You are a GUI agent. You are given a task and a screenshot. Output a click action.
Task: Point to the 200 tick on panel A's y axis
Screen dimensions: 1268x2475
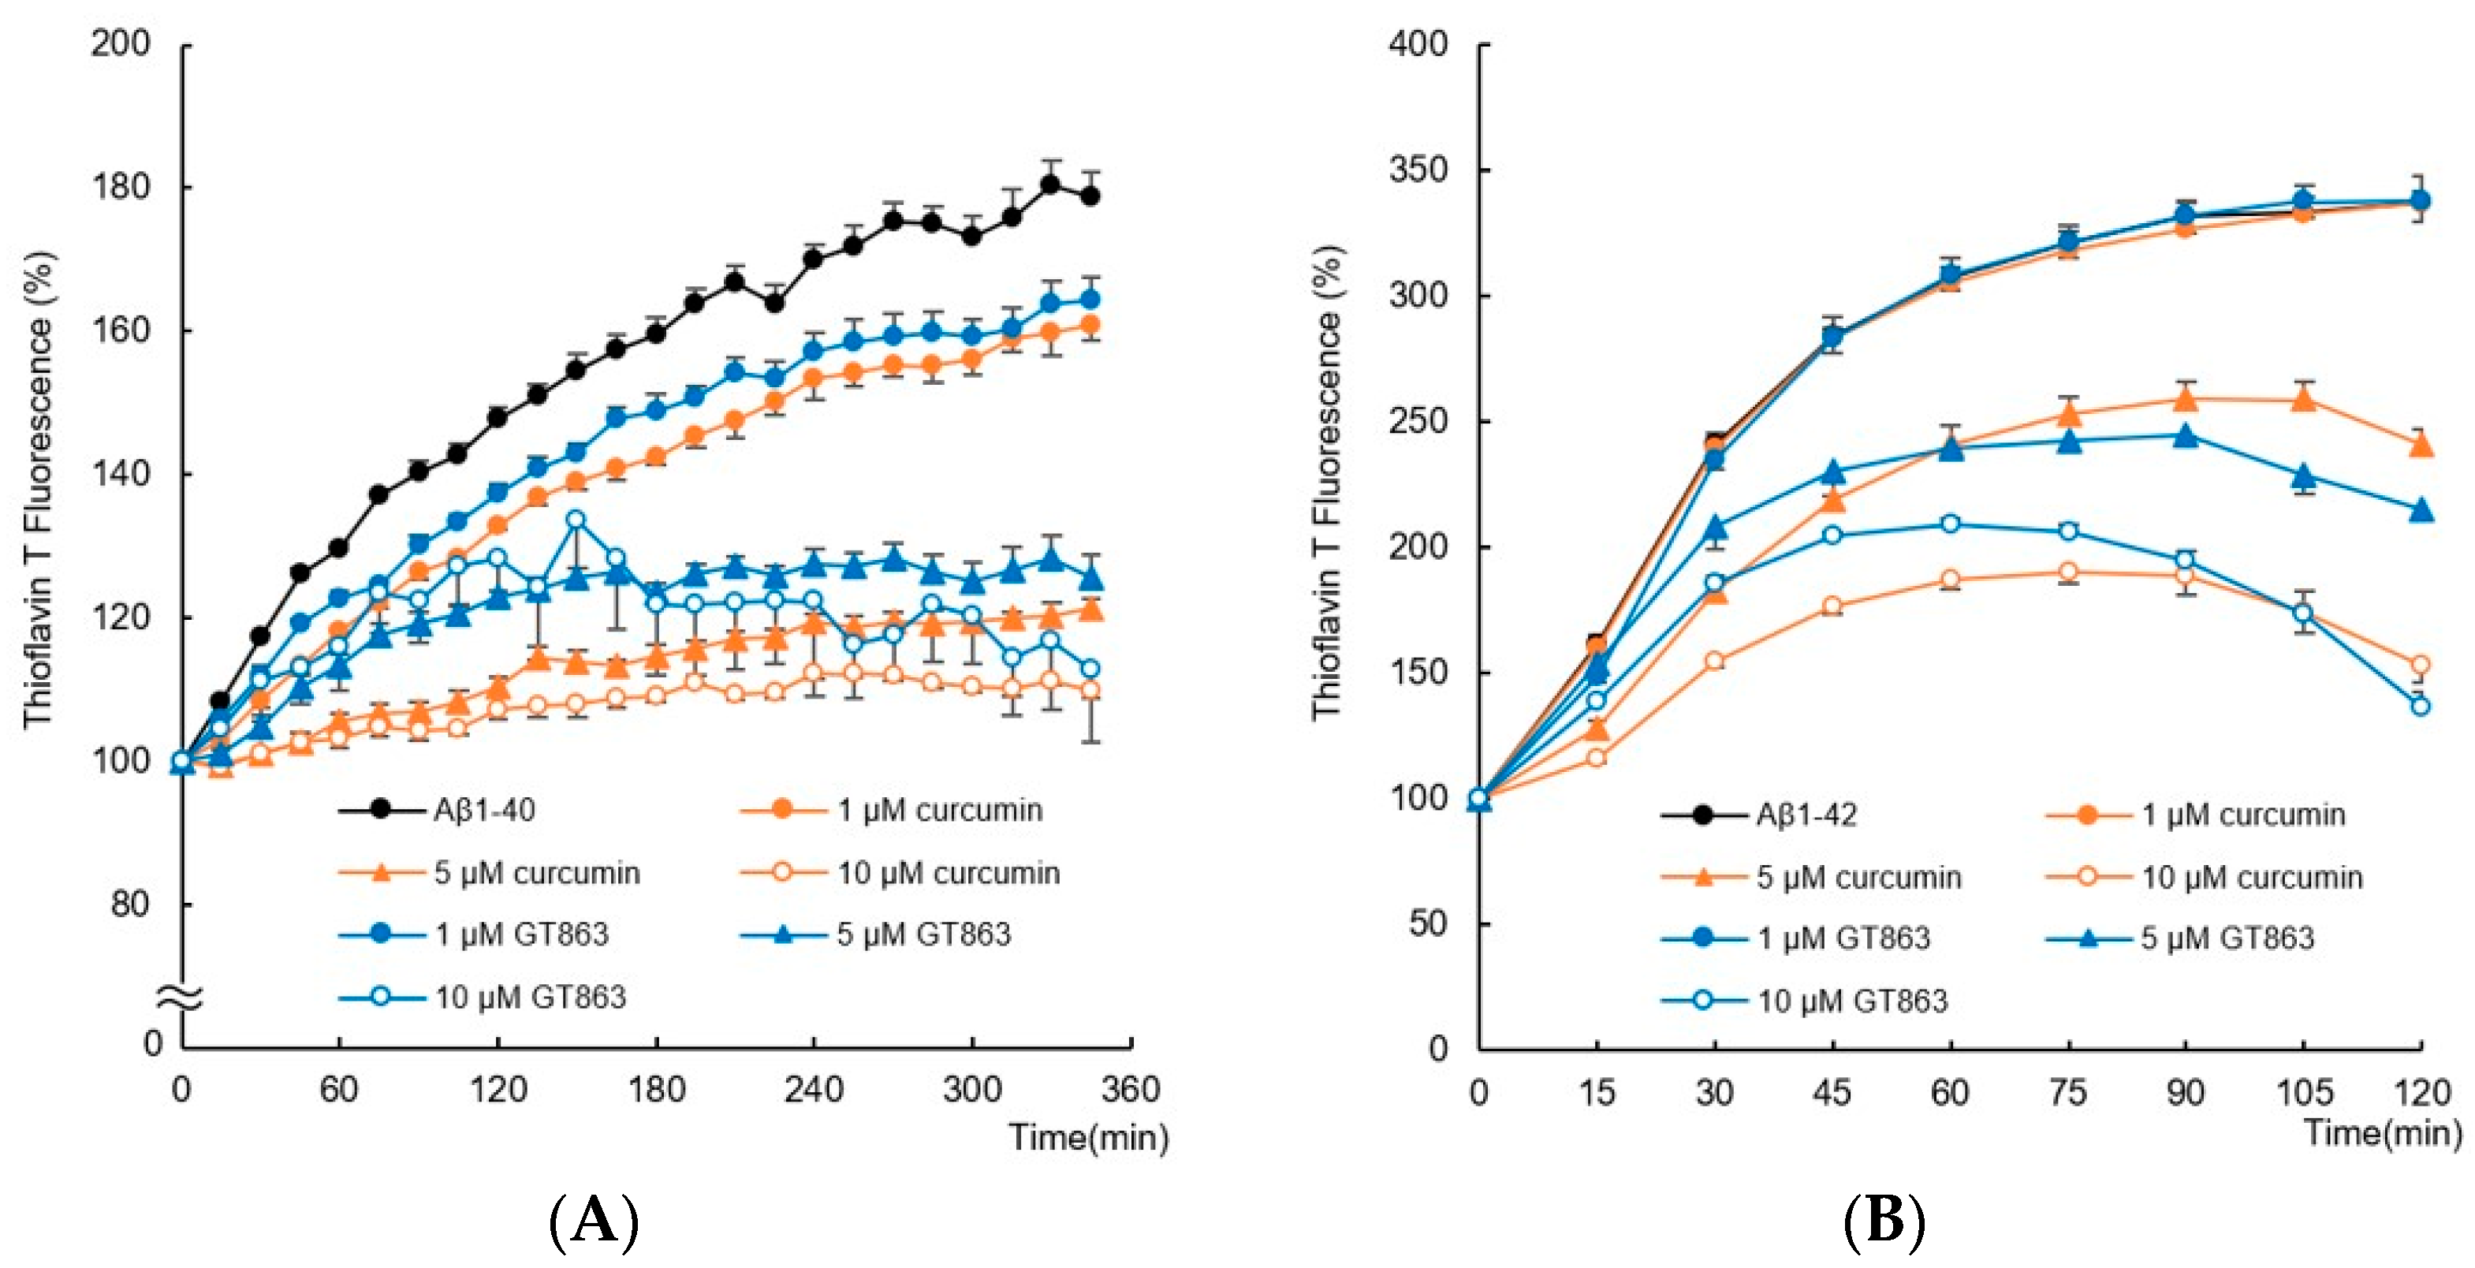[x=121, y=43]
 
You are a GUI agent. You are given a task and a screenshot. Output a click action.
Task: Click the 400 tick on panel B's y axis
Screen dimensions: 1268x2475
[x=1418, y=43]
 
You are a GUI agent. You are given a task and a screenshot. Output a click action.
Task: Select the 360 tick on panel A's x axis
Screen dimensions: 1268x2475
[x=1130, y=1089]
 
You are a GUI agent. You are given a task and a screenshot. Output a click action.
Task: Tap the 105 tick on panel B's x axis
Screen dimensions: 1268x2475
[x=2303, y=1092]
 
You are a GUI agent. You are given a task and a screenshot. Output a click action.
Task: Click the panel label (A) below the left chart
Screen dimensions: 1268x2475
[x=593, y=1221]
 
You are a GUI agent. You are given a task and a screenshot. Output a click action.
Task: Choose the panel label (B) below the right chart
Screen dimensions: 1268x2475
[x=1884, y=1221]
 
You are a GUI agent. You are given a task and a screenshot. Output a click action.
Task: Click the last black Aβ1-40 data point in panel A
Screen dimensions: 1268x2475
[x=1090, y=196]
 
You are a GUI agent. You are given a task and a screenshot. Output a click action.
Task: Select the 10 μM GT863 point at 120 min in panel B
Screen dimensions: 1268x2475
[x=2421, y=706]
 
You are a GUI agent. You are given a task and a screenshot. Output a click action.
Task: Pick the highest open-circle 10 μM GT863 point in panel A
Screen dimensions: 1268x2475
[x=576, y=520]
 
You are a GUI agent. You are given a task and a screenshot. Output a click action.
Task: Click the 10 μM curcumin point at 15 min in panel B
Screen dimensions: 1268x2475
[x=1597, y=758]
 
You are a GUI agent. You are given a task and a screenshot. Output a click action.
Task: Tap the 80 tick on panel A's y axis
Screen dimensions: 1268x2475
[x=131, y=904]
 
